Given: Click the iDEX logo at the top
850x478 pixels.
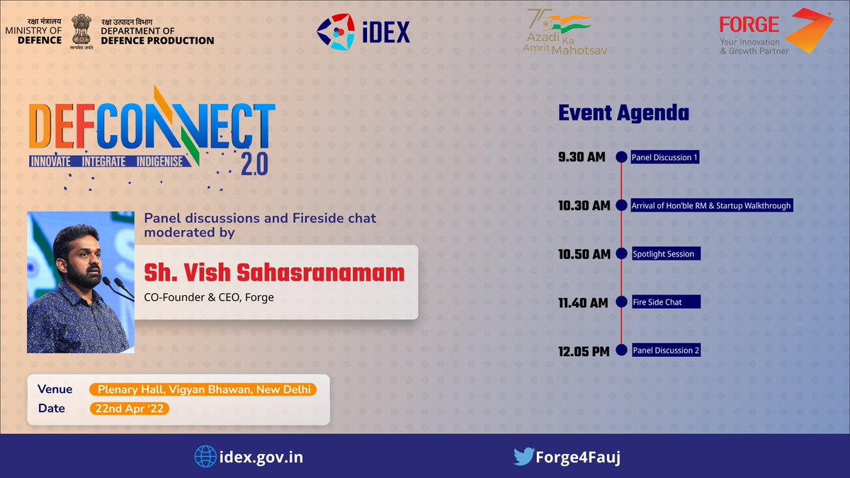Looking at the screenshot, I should (x=363, y=32).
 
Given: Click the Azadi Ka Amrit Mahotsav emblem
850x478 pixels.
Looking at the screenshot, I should (x=567, y=33).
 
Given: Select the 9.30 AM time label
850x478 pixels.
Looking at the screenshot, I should (x=582, y=157).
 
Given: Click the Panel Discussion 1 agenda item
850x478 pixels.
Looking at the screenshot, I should (x=665, y=157).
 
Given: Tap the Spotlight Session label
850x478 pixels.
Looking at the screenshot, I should (x=664, y=254).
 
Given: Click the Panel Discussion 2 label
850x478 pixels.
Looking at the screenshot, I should (x=666, y=351).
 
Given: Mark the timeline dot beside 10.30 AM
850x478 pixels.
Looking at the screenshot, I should (x=621, y=205).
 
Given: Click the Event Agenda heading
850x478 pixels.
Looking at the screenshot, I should (x=623, y=113).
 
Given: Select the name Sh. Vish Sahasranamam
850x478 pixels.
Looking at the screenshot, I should (x=274, y=273).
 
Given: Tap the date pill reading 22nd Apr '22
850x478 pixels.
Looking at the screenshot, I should (x=129, y=409).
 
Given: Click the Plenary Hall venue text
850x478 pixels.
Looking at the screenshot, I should (x=203, y=389).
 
